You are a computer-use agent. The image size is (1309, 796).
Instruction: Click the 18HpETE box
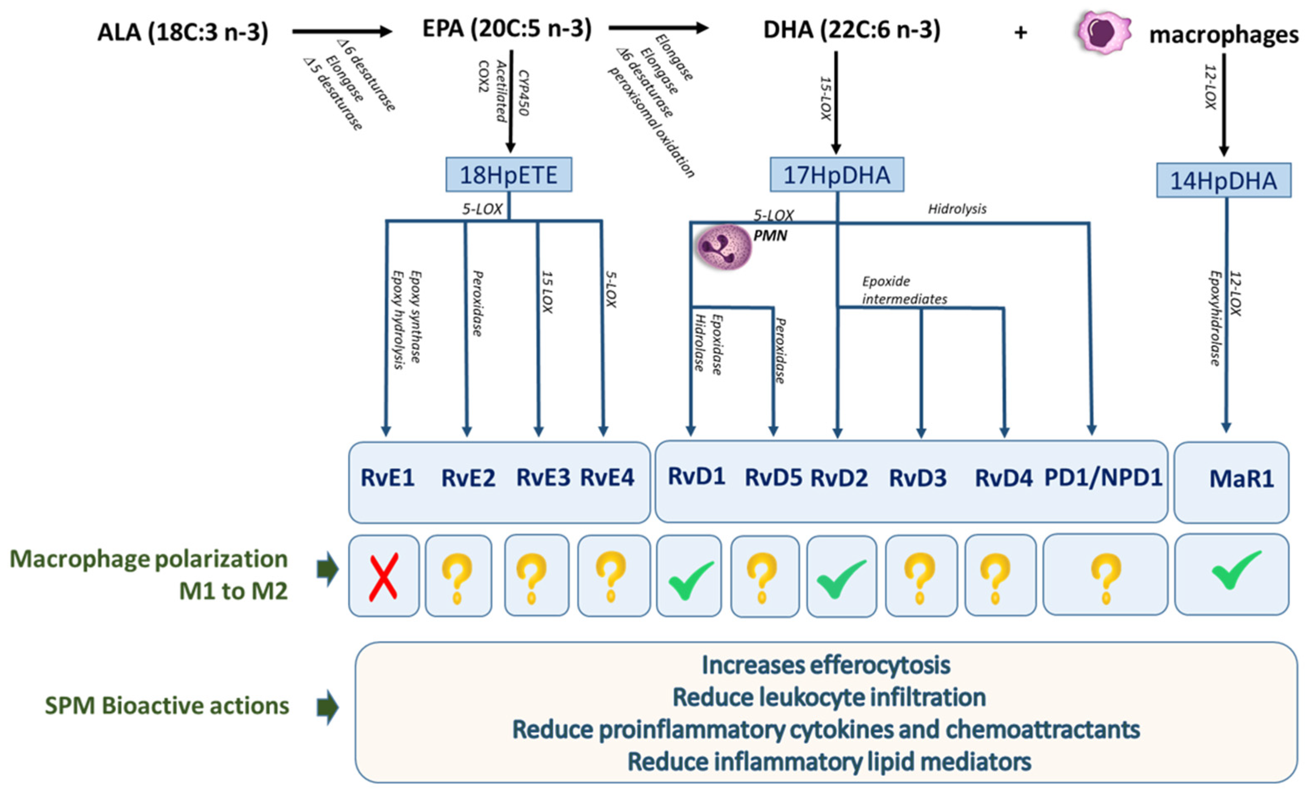point(508,175)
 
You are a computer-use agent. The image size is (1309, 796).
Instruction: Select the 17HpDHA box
point(837,175)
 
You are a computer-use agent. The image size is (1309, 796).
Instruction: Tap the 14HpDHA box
point(1223,181)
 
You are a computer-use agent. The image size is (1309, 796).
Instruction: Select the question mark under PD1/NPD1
point(1106,578)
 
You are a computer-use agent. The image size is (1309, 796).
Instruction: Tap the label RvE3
point(543,477)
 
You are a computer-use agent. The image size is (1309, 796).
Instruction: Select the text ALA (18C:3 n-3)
point(183,32)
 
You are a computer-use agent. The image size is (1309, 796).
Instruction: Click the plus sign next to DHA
point(1020,33)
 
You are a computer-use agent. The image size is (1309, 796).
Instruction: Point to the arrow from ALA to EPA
point(341,31)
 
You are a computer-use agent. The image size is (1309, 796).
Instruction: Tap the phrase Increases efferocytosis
point(826,665)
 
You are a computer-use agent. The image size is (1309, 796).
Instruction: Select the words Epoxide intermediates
point(904,290)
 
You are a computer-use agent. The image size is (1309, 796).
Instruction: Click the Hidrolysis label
point(957,209)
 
